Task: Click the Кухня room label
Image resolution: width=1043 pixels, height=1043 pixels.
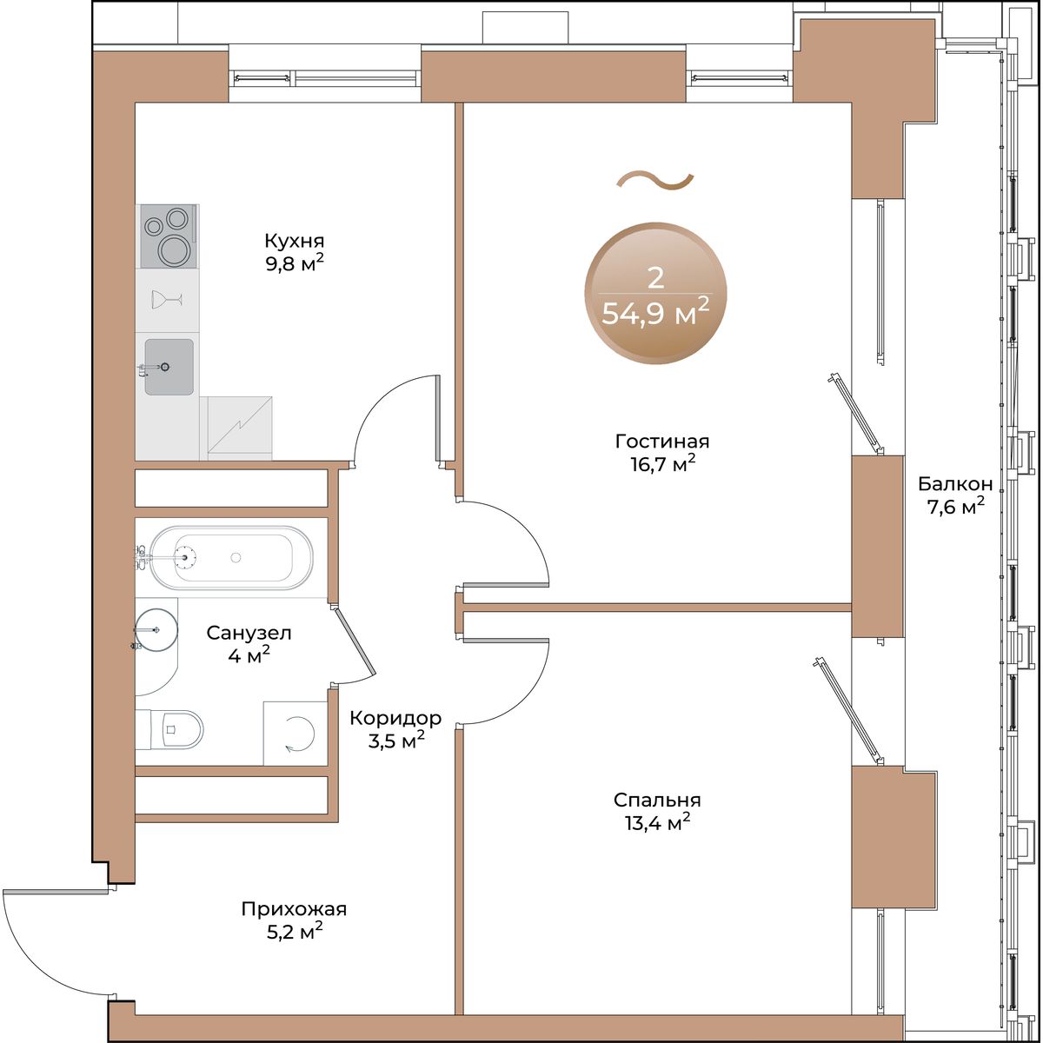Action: (x=294, y=240)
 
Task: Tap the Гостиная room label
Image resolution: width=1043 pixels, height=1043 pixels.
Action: (x=662, y=442)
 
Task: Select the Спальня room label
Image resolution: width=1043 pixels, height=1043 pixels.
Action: (x=657, y=800)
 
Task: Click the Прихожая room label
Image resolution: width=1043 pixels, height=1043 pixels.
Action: (x=294, y=909)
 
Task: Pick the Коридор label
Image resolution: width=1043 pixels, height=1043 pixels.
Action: (x=395, y=718)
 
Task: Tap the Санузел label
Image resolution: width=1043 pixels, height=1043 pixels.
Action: (x=249, y=632)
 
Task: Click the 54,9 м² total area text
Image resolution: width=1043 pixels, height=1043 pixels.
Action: (x=655, y=312)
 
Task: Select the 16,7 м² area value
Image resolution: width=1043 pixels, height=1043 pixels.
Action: (x=662, y=464)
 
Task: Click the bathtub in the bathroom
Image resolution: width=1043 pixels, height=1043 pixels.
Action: (x=230, y=557)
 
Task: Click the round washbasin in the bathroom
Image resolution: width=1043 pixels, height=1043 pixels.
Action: (x=156, y=629)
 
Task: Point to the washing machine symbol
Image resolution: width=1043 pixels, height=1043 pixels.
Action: (x=296, y=734)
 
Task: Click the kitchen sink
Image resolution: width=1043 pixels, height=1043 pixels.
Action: (x=169, y=367)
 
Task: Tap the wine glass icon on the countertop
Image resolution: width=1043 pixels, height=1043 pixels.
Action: (x=167, y=299)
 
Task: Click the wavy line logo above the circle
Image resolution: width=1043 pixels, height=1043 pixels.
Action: (x=655, y=182)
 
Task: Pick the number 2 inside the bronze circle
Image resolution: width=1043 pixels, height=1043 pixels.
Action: (x=655, y=279)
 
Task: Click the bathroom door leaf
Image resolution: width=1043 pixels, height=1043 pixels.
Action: (x=355, y=642)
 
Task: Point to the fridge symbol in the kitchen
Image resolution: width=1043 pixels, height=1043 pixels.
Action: (x=240, y=428)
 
